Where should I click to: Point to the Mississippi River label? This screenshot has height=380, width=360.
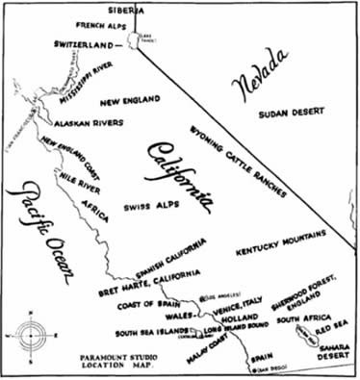tap(75, 81)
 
